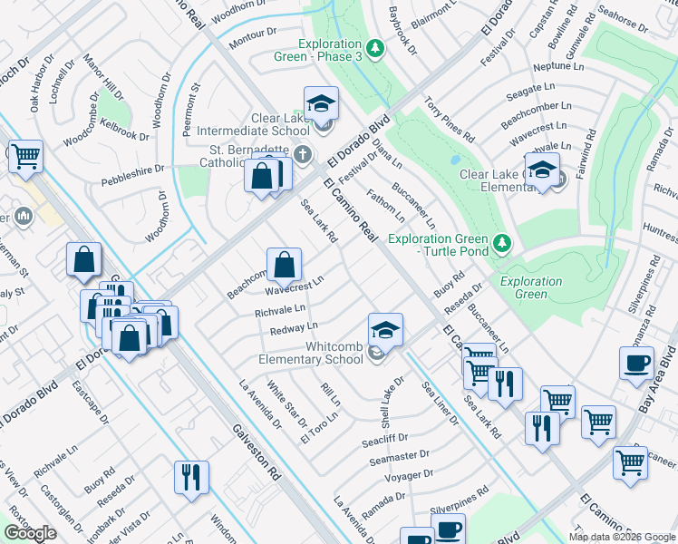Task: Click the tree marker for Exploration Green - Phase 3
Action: click(x=374, y=46)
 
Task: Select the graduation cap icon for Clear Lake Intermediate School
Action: click(x=321, y=104)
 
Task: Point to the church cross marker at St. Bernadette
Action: click(x=302, y=153)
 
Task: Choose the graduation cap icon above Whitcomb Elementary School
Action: click(x=385, y=331)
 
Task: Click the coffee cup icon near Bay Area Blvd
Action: click(x=636, y=363)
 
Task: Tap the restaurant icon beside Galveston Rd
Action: click(x=191, y=477)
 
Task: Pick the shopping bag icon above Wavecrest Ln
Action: click(x=284, y=266)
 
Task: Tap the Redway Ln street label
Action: click(x=294, y=327)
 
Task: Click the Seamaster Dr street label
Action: click(x=399, y=458)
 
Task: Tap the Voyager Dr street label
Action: click(x=408, y=475)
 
